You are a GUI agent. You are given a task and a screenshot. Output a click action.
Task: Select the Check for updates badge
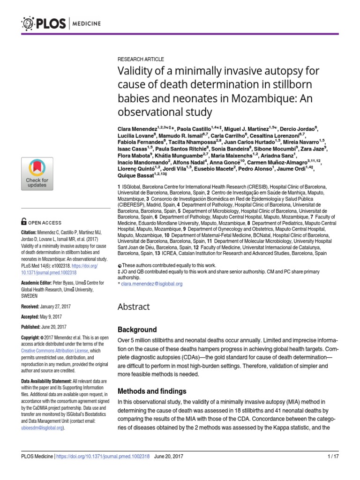point(37,174)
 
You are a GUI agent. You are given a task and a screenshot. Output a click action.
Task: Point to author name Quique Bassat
point(135,175)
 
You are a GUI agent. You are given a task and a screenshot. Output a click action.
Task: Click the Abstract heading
point(134,307)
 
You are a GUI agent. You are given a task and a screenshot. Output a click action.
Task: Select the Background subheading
point(137,330)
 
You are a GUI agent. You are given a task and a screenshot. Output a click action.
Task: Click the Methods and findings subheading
point(152,391)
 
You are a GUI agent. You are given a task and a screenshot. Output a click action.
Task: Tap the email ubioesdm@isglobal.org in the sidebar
point(43,427)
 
